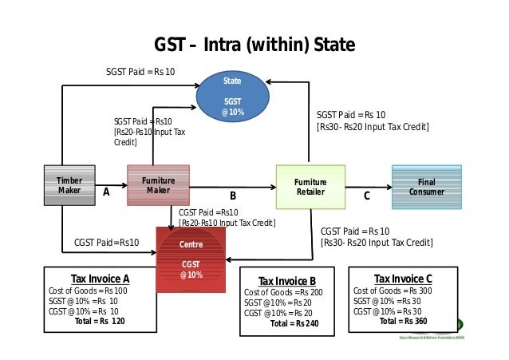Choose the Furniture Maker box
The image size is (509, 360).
(158, 186)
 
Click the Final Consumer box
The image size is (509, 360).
(426, 187)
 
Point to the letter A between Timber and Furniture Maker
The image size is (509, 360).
(105, 192)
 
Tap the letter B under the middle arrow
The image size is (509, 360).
(233, 196)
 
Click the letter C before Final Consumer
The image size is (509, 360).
(367, 195)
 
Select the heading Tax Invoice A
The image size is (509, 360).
(100, 279)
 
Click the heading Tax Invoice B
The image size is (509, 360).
(287, 281)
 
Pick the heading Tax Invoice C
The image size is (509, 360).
(403, 279)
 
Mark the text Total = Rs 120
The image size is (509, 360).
(100, 321)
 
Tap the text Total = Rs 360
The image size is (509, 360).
(404, 321)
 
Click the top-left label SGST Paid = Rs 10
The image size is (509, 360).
(140, 72)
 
